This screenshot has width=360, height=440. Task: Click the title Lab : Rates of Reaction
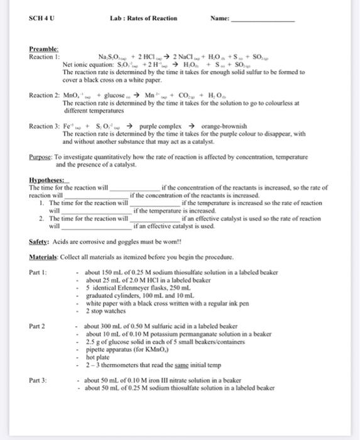[143, 18]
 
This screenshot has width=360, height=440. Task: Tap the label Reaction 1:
[45, 56]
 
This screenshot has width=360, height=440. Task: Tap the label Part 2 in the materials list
[38, 326]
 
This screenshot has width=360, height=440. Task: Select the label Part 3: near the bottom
[39, 380]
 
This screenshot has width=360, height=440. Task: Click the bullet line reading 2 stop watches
[106, 311]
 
